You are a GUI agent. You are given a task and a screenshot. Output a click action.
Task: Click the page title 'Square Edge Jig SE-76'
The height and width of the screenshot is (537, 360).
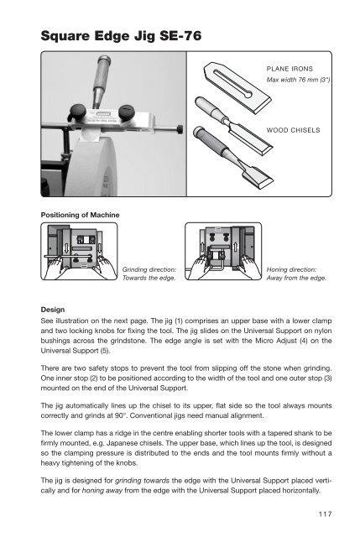click(x=121, y=35)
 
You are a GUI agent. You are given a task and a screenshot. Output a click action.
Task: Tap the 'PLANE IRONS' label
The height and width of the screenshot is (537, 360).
click(x=290, y=69)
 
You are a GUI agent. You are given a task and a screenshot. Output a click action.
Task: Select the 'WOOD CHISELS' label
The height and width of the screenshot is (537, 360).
click(x=293, y=130)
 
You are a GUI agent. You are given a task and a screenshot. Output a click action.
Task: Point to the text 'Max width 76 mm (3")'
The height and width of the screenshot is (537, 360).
click(x=298, y=80)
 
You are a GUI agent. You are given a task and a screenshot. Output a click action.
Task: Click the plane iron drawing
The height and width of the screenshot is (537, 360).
click(x=237, y=87)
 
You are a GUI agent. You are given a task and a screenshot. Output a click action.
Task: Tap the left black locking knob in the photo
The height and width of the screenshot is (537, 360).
click(x=79, y=111)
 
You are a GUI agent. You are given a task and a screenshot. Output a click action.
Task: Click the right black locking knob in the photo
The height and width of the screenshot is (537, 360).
click(x=126, y=112)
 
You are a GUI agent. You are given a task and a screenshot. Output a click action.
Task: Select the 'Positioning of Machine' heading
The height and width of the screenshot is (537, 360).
click(x=81, y=215)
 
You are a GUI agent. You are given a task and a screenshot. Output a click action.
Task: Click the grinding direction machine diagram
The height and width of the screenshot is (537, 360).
click(x=79, y=251)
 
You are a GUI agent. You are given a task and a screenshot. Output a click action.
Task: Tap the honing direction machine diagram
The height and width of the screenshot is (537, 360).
click(x=223, y=251)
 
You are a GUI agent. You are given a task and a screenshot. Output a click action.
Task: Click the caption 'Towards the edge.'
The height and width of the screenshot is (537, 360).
click(x=149, y=278)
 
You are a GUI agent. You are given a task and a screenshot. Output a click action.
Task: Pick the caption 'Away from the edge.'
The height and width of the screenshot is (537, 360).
click(x=296, y=278)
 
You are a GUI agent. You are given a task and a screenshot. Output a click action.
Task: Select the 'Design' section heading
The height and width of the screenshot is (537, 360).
click(x=53, y=310)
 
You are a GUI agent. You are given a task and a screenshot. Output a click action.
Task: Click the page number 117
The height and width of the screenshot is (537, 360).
click(x=325, y=514)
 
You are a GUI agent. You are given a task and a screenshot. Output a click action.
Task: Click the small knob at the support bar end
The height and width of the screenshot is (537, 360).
click(x=180, y=130)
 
